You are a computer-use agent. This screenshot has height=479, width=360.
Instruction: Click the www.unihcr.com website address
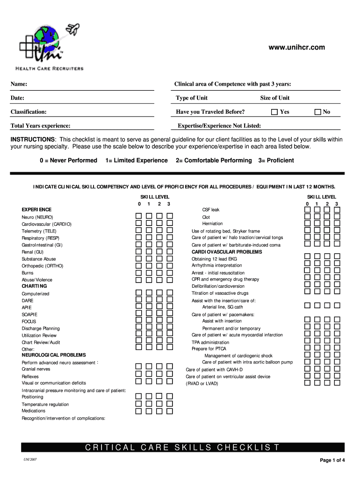coord(296,47)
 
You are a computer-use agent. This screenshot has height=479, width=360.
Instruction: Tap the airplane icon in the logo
coord(73,29)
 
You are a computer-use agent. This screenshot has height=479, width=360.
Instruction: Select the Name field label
coord(19,84)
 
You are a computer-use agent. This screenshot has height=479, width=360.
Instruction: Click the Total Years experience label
coord(41,126)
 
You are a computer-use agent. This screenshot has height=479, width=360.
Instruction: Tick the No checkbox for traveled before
coord(317,112)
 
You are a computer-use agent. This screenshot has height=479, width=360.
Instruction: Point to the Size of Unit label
coord(274,98)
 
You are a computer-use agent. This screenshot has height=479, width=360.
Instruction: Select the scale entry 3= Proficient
coord(276,160)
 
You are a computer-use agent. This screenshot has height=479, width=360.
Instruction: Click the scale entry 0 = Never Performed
coord(69,160)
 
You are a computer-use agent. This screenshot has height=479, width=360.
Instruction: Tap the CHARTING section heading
coord(34,286)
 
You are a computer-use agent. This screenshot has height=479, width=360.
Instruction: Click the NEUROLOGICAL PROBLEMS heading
coord(47,355)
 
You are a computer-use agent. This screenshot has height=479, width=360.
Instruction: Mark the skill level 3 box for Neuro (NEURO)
coord(170,216)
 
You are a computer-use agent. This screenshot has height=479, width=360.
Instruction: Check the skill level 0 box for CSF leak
coord(307,210)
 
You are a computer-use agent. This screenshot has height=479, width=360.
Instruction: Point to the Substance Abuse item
coord(39,259)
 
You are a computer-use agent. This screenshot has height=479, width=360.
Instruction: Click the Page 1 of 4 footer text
coord(332,460)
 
